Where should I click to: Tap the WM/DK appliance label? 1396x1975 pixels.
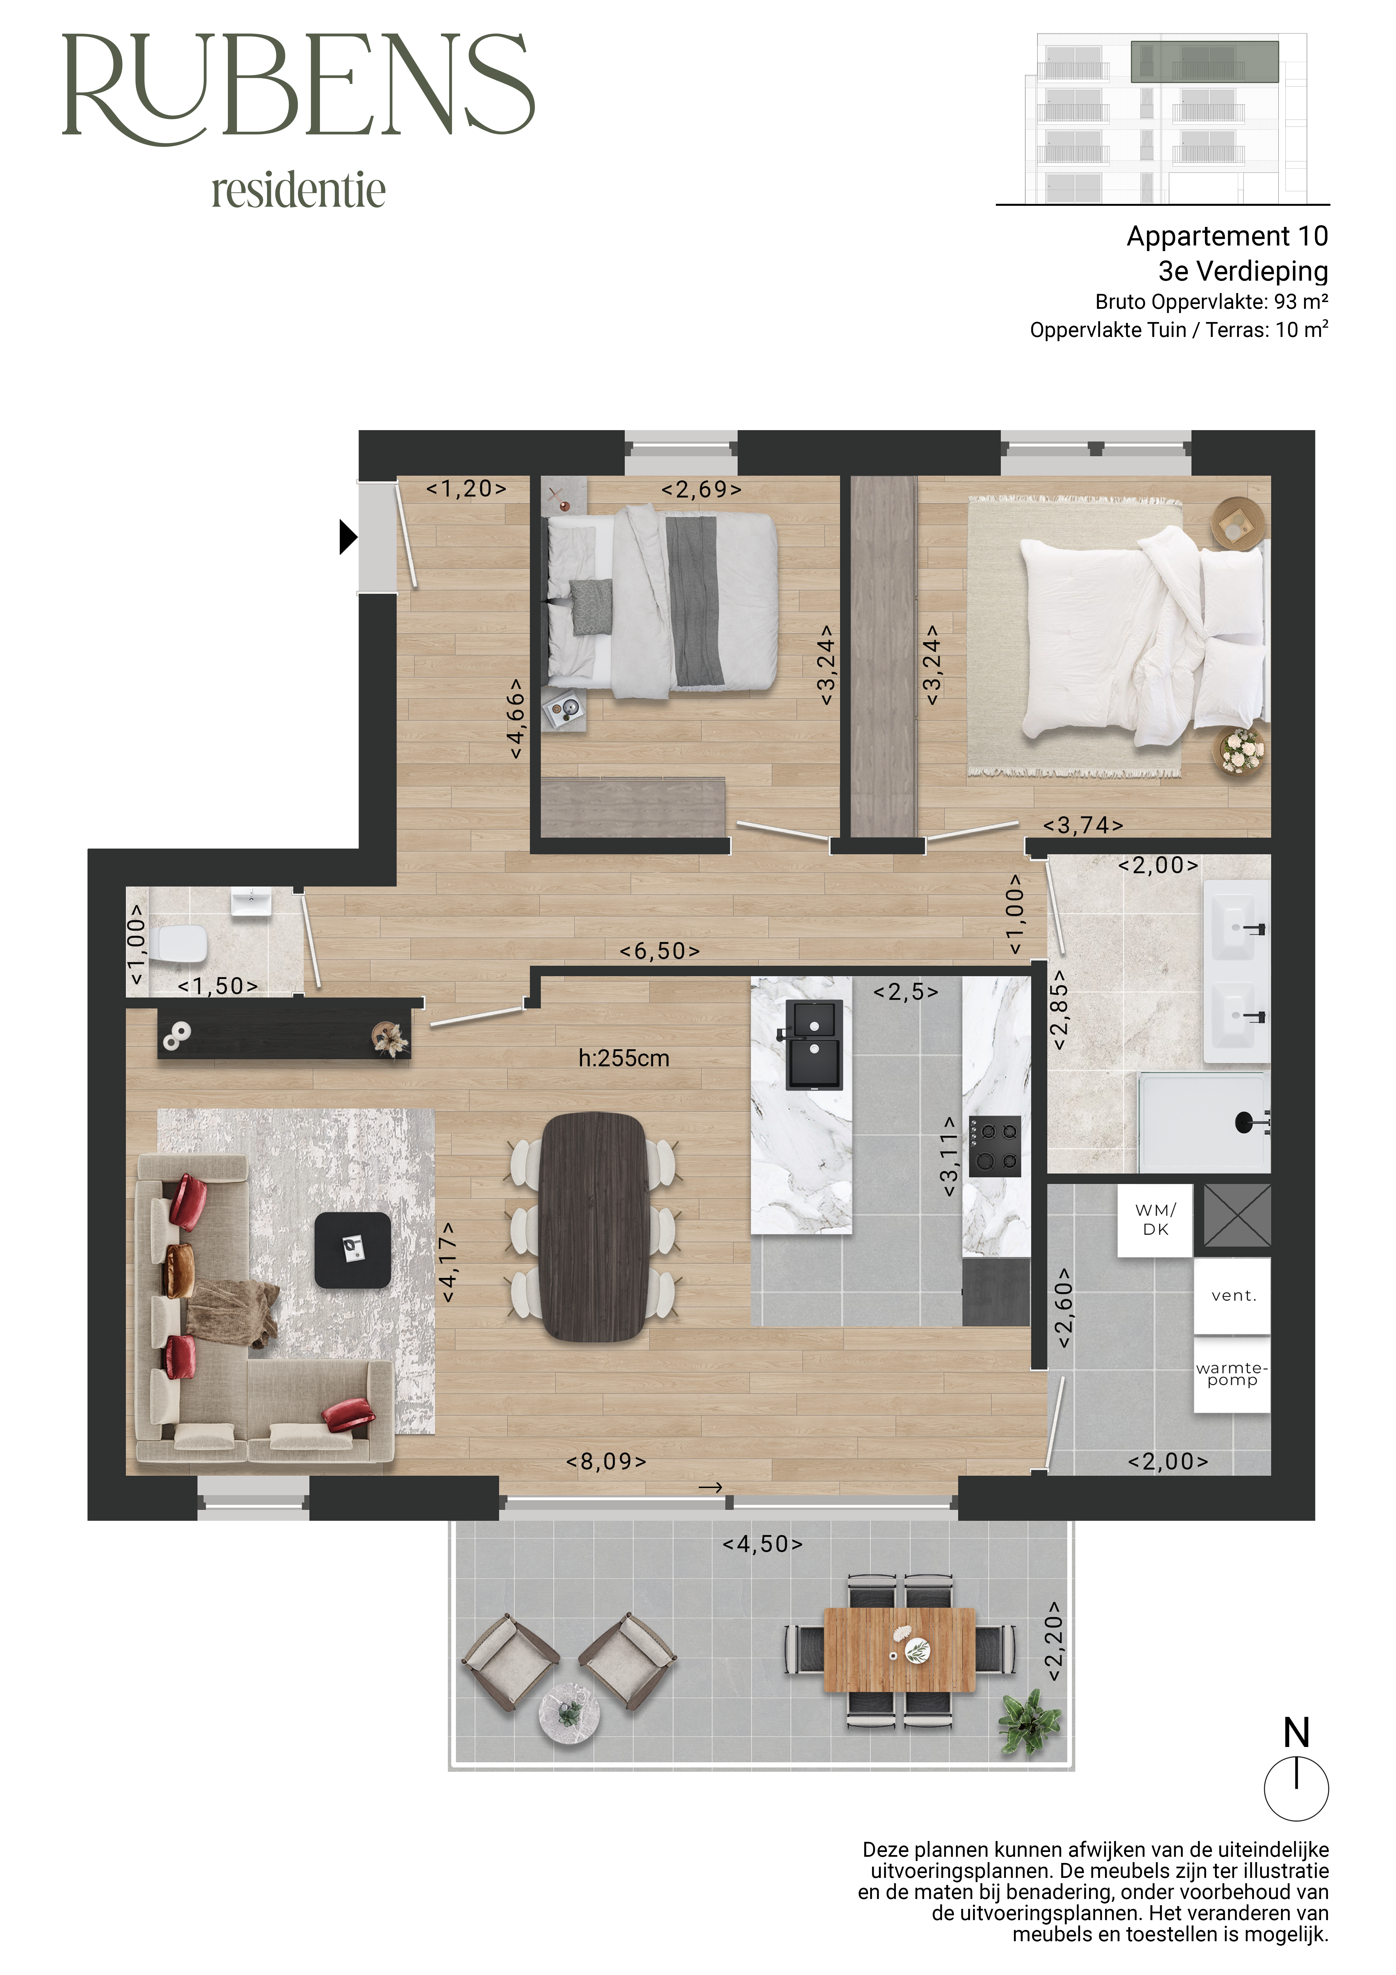(1155, 1220)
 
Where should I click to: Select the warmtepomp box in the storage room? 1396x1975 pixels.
(1232, 1374)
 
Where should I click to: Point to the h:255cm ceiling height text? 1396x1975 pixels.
(624, 1058)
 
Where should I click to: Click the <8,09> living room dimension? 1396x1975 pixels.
(606, 1462)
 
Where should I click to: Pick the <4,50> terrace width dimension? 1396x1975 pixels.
(762, 1544)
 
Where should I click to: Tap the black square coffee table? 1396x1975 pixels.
(353, 1250)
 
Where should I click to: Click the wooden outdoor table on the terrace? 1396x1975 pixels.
(900, 1650)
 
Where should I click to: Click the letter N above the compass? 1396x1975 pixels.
(1296, 1732)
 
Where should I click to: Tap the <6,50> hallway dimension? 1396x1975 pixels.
(660, 951)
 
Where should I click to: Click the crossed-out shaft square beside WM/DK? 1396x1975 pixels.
(1237, 1215)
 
